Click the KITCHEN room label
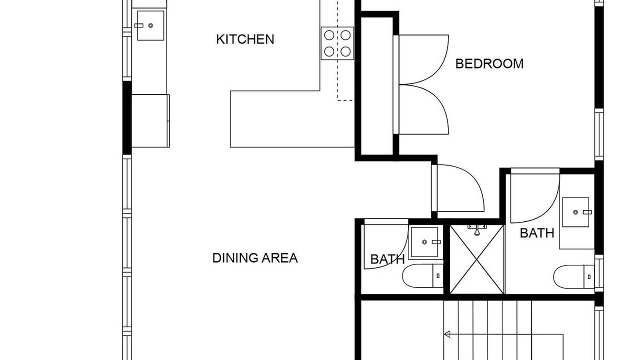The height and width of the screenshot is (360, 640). pos(245,39)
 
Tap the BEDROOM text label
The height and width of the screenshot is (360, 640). pos(489,63)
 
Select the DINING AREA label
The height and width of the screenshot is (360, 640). pos(255,258)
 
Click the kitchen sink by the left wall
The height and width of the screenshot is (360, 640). pos(150,25)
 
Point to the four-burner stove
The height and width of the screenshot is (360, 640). pos(337,43)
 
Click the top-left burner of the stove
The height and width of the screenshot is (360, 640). pos(329,35)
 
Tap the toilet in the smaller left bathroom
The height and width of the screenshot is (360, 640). pos(423,275)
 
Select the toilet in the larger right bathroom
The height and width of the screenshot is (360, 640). pos(573,277)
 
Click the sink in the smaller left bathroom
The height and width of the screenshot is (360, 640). pos(424,242)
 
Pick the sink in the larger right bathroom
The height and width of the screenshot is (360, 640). pos(575,212)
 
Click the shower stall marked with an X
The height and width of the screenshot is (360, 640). pos(476,259)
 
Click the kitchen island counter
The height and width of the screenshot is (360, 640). pos(292,119)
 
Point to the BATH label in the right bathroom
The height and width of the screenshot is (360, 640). pos(537,233)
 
